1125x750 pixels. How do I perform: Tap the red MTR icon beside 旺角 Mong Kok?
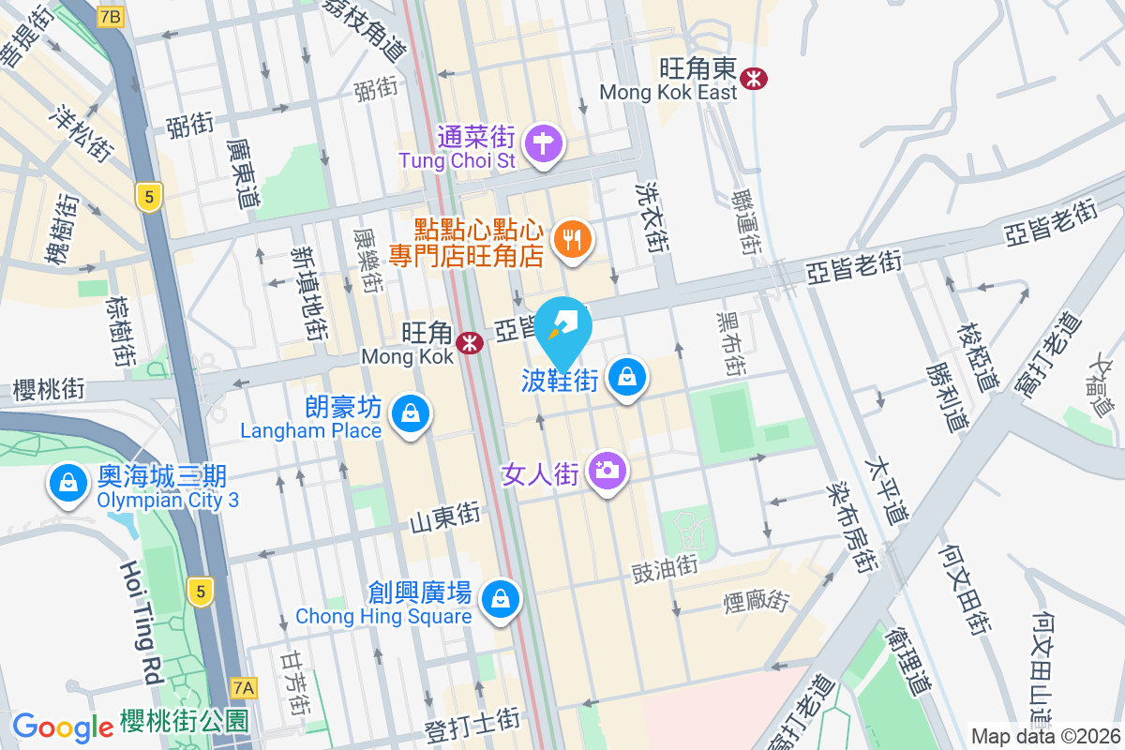(470, 344)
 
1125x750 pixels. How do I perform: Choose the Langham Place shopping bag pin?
(411, 412)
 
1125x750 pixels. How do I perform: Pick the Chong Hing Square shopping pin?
(500, 597)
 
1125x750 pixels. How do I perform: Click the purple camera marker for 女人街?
(607, 469)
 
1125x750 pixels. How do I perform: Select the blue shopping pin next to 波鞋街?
(626, 378)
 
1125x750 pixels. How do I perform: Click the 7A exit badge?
(244, 688)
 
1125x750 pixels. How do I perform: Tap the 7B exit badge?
(111, 16)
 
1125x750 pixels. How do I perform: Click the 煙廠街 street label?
(757, 600)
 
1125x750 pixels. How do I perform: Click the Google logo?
(63, 727)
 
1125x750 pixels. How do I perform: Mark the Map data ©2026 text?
(1045, 736)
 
